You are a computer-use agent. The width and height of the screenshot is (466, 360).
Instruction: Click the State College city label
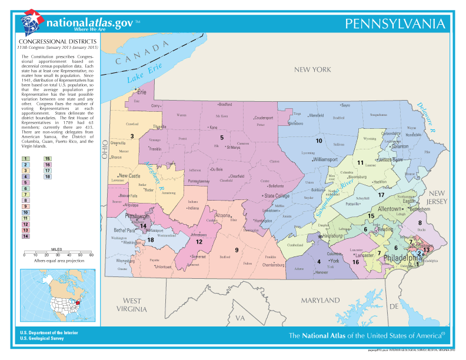277,196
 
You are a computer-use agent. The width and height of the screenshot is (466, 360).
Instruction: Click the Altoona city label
223,215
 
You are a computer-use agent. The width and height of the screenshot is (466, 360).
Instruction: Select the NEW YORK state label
313,69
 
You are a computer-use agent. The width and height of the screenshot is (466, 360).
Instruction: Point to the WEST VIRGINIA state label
132,305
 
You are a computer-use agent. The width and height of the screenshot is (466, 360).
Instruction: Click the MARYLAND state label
321,301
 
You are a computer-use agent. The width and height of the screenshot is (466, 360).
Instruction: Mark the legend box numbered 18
48,176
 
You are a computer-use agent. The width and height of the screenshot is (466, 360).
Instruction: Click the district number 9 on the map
237,250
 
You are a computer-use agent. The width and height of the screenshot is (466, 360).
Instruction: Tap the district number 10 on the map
318,141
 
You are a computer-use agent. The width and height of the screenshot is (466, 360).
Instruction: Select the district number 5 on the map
222,121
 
